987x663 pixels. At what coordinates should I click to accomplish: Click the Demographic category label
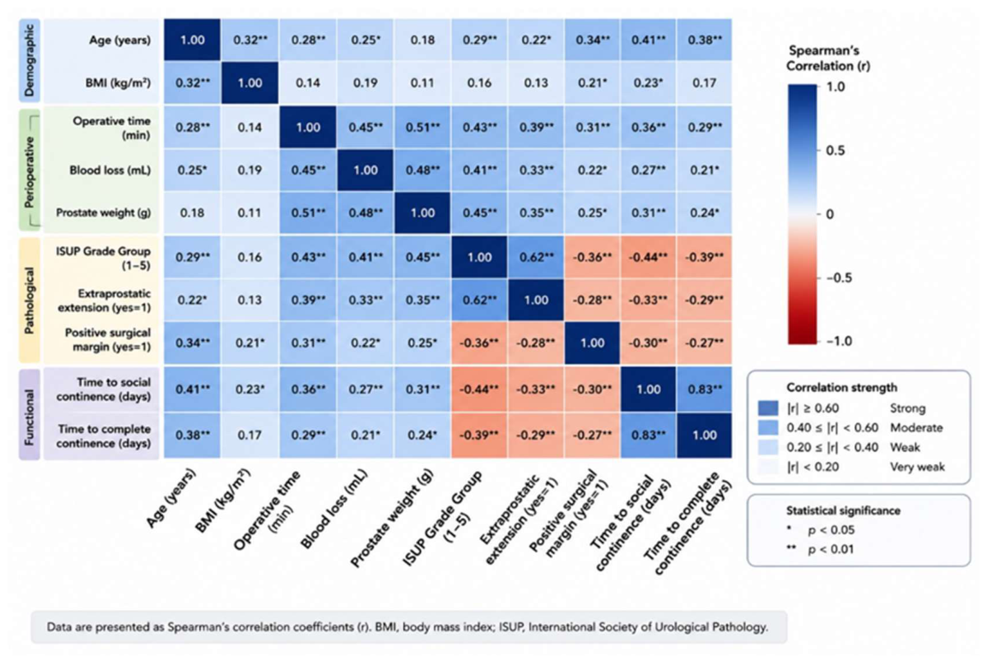pos(29,60)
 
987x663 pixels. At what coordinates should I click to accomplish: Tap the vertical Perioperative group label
pos(29,171)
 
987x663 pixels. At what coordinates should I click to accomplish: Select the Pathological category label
pos(29,300)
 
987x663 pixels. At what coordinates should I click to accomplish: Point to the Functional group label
pos(29,413)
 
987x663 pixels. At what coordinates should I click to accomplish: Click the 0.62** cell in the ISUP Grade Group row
pos(536,257)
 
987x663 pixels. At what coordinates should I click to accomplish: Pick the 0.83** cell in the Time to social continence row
pos(704,389)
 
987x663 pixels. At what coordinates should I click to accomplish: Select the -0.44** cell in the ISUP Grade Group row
pos(647,257)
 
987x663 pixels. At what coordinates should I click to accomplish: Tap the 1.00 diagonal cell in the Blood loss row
pos(365,170)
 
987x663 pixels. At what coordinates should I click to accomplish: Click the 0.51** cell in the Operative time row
pos(423,127)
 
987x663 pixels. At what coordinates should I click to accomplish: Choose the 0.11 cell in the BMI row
pos(423,82)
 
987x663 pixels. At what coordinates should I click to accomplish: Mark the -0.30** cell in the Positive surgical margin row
pos(647,342)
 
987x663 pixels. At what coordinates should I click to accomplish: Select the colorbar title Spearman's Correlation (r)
pos(828,58)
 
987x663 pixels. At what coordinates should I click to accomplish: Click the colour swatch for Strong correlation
pos(768,408)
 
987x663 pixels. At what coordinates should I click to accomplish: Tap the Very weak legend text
pos(918,467)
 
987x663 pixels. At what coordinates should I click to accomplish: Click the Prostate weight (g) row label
pos(103,212)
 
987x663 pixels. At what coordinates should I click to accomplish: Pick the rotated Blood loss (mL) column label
pos(334,509)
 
